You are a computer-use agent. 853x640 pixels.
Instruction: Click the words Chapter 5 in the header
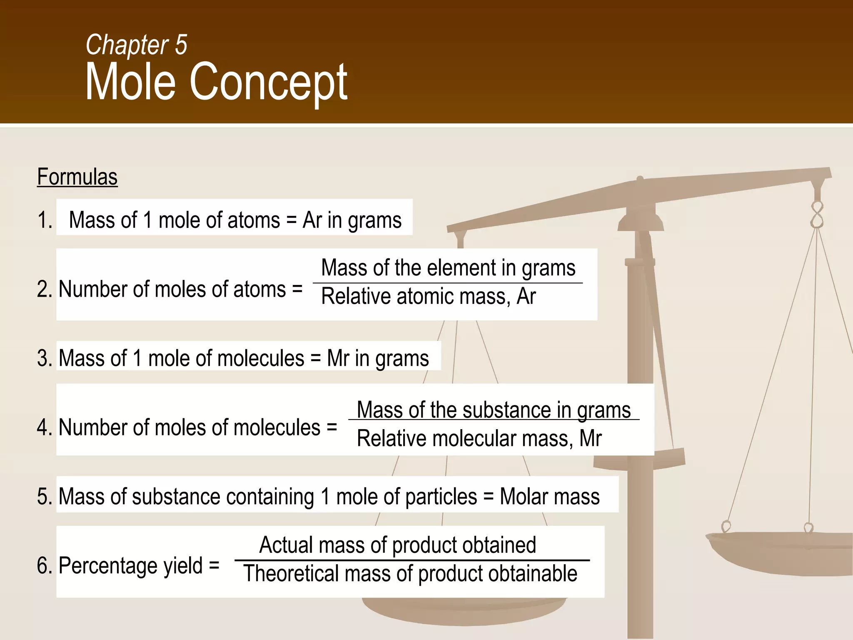(136, 45)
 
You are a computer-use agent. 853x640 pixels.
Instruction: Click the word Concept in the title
(268, 82)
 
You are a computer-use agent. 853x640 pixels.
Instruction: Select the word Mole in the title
(130, 82)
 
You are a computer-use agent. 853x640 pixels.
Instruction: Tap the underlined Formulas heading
(77, 177)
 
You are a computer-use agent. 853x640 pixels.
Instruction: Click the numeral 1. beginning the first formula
(45, 220)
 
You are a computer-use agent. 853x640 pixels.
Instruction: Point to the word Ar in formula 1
(312, 220)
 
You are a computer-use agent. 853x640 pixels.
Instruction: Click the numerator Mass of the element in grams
(448, 267)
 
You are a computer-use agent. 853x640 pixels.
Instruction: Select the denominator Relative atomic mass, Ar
(428, 297)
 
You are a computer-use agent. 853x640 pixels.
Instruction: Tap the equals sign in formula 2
(297, 289)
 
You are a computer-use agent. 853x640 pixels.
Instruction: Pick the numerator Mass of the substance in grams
(494, 410)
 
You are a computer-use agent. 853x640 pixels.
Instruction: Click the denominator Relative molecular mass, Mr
(479, 439)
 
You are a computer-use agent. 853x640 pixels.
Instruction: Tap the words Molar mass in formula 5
(549, 497)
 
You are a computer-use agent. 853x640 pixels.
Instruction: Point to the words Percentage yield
(130, 566)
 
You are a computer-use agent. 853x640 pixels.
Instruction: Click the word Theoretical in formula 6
(290, 574)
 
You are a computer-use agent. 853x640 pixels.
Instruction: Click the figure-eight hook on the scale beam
(817, 215)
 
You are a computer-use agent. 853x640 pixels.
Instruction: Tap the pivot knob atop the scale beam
(640, 179)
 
